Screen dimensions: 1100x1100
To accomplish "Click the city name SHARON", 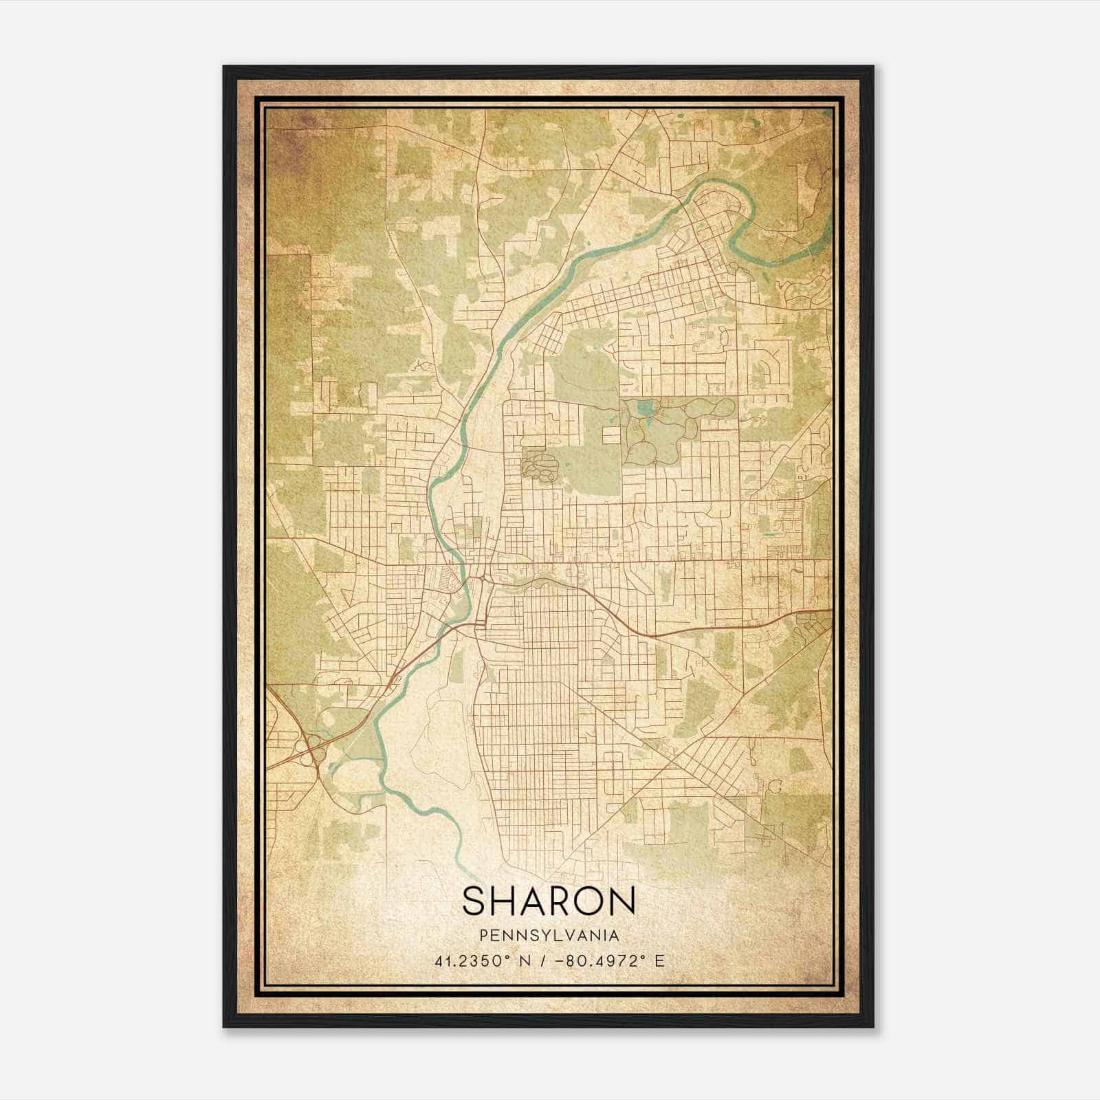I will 549,901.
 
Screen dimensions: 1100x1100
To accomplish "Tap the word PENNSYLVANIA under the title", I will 549,936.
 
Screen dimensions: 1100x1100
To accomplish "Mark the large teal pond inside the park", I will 645,408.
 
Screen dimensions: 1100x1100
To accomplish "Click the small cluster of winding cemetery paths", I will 540,465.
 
